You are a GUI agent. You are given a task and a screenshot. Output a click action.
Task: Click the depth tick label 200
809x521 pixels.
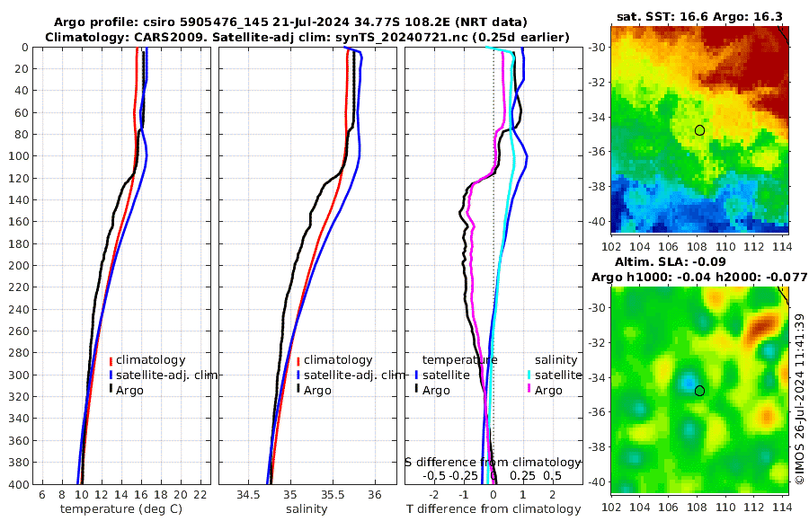[20, 266]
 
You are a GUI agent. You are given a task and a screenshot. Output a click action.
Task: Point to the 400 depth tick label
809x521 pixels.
[20, 484]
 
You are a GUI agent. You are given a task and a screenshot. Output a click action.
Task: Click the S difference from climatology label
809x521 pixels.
[493, 462]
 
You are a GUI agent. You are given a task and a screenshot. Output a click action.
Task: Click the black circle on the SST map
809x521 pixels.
[699, 130]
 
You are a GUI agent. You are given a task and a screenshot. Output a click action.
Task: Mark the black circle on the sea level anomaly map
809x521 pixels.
[699, 391]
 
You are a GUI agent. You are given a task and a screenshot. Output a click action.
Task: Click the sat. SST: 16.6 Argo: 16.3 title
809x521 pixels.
[698, 15]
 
